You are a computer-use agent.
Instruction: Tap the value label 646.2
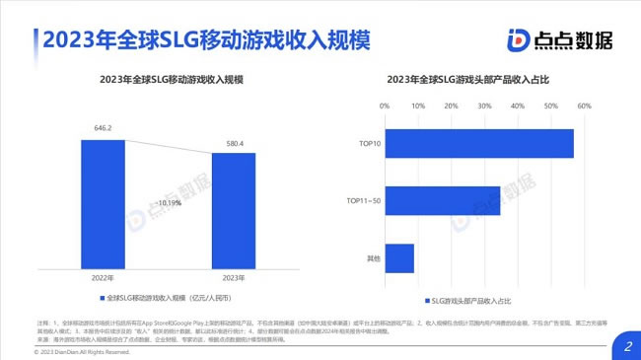click(x=103, y=128)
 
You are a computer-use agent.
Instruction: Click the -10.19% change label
click(x=168, y=203)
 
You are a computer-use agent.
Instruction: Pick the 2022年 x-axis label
click(x=103, y=278)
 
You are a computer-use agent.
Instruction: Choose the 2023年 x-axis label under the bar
click(x=233, y=278)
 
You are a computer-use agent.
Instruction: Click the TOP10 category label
click(x=372, y=143)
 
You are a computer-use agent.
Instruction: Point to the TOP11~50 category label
click(x=365, y=200)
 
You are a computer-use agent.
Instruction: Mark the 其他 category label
click(x=374, y=257)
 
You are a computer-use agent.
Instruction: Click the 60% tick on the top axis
click(x=584, y=106)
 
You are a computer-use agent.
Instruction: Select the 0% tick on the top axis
click(x=386, y=106)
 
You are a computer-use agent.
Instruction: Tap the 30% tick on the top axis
click(x=484, y=106)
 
